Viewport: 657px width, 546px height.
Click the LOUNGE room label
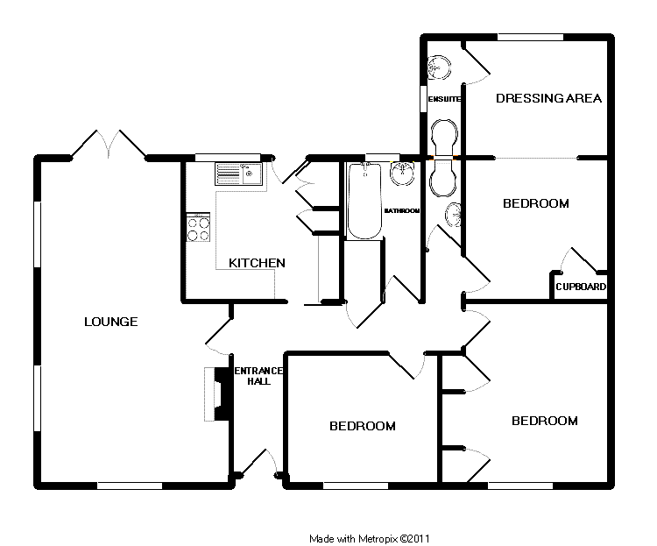coord(110,322)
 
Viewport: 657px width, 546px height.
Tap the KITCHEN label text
coord(257,263)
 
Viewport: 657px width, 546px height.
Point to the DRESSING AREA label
coord(548,98)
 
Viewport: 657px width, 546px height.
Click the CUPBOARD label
coord(581,287)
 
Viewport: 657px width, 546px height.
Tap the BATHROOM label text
coord(402,211)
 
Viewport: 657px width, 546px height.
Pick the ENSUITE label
coord(444,99)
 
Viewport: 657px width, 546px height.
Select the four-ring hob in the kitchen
coord(198,228)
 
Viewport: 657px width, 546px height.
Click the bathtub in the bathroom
coord(364,201)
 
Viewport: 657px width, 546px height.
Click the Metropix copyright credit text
coord(369,538)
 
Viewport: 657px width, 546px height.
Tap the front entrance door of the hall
coord(259,463)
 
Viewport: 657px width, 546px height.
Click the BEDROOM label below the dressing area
coord(535,203)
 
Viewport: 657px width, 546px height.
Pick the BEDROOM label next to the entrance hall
coord(362,426)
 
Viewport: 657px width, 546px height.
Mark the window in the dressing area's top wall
coord(531,36)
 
